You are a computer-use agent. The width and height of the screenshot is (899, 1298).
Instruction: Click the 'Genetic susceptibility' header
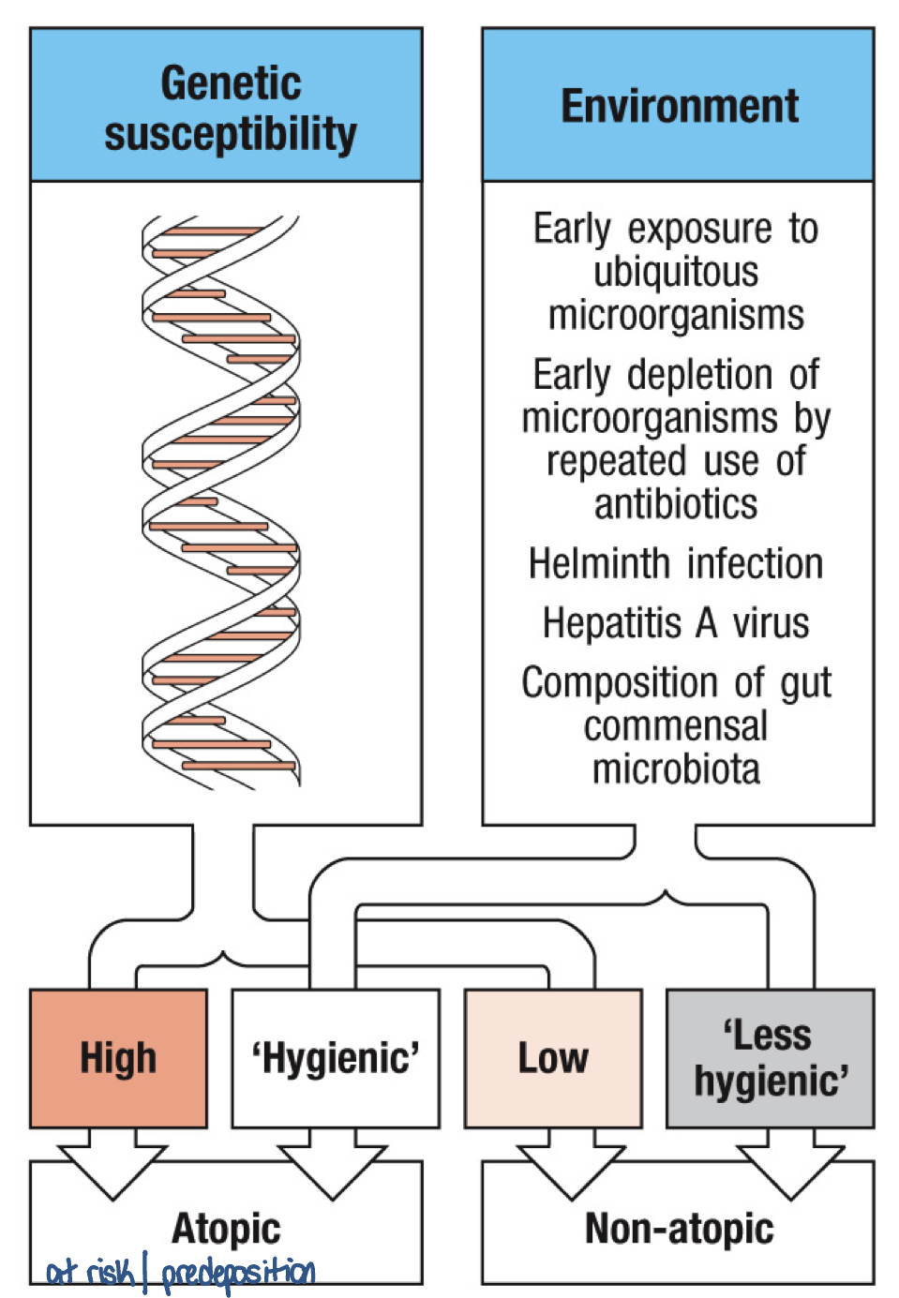click(230, 107)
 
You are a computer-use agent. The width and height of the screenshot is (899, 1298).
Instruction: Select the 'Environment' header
click(680, 106)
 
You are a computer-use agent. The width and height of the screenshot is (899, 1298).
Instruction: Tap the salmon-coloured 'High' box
click(118, 1058)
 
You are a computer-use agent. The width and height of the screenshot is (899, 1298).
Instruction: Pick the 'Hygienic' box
click(336, 1058)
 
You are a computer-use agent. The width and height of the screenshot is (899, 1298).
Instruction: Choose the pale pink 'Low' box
click(553, 1058)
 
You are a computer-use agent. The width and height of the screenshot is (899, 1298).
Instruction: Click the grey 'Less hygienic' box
click(771, 1058)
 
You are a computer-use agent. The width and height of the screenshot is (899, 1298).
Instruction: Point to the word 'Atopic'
click(226, 1228)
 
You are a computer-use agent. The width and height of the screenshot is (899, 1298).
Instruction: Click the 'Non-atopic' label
click(680, 1229)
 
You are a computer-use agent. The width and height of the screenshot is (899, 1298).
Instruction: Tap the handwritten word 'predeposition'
click(239, 1273)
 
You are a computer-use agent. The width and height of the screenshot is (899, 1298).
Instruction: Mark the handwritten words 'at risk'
click(90, 1273)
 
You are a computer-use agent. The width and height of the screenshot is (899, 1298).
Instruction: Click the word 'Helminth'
click(600, 564)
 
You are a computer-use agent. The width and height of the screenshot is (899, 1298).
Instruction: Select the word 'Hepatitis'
click(612, 623)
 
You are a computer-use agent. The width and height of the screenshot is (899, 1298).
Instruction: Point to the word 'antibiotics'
click(676, 504)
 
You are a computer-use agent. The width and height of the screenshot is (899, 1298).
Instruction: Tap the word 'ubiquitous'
click(676, 272)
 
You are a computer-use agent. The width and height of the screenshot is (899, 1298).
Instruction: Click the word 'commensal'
click(676, 726)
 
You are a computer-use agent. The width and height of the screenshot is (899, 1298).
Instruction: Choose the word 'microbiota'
click(676, 769)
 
